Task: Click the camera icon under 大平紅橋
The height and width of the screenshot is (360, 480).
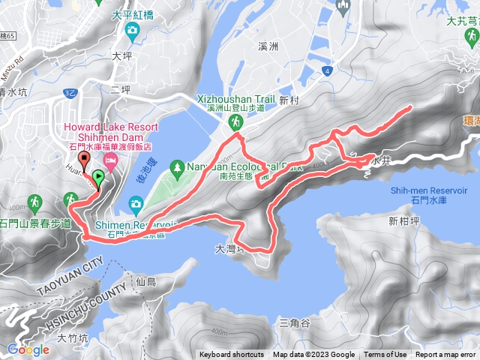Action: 132,31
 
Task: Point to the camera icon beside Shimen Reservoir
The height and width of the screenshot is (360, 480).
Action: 136,203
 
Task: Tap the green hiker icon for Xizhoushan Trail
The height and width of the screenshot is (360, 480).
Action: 235,121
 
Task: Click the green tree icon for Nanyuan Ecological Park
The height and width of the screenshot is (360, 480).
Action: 178,166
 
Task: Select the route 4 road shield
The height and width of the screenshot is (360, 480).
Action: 327,71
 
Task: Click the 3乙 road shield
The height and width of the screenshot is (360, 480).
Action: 70,93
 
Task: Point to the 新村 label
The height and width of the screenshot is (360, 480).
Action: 289,100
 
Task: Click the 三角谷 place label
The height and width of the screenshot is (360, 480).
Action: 293,323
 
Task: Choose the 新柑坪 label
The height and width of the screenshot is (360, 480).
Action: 406,220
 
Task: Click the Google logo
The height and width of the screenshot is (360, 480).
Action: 28,349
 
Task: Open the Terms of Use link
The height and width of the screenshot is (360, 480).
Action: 385,355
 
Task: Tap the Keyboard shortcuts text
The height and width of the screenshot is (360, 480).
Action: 232,355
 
